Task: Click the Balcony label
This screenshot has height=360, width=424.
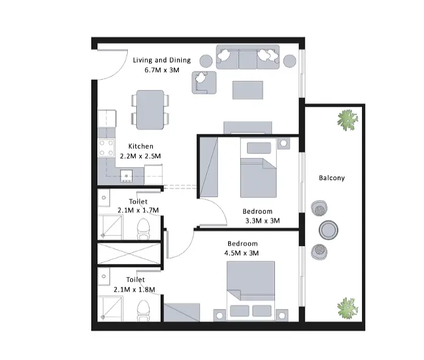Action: click(332, 178)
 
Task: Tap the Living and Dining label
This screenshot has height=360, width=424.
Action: click(162, 60)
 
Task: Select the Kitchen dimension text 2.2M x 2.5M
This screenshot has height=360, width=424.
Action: click(141, 156)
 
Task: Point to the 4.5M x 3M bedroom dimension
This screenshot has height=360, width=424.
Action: click(242, 253)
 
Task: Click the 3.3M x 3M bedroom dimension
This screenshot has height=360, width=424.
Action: click(262, 221)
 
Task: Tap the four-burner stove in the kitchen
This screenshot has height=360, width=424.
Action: click(106, 148)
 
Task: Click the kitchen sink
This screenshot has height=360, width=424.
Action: click(127, 176)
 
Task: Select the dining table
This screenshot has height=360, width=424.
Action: click(150, 109)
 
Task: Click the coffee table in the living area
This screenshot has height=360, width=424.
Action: click(248, 90)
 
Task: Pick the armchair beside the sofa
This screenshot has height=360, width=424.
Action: click(204, 83)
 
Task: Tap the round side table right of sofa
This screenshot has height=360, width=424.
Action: click(290, 61)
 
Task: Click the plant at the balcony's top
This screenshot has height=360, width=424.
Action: click(348, 120)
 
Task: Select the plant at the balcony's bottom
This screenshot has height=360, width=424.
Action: click(348, 308)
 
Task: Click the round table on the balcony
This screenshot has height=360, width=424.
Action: click(328, 230)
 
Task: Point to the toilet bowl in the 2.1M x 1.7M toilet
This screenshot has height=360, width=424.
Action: click(144, 229)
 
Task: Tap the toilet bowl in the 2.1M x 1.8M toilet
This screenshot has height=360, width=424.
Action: click(144, 311)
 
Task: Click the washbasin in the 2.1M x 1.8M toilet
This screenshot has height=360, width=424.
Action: click(104, 277)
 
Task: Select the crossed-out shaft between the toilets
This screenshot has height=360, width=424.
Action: click(129, 254)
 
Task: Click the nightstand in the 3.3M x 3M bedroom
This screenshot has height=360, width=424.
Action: click(283, 144)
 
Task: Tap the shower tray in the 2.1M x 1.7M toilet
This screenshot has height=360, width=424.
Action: click(110, 227)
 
